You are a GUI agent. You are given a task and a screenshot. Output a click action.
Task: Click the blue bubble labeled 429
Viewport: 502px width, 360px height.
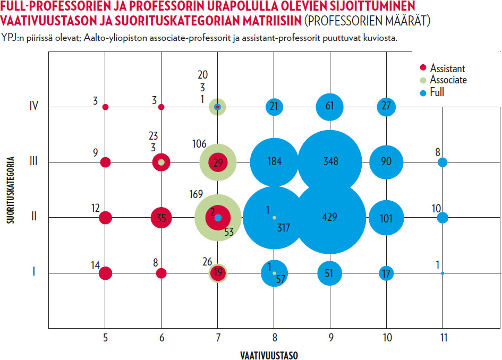330,218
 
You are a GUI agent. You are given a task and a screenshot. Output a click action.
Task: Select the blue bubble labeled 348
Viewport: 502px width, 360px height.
330,162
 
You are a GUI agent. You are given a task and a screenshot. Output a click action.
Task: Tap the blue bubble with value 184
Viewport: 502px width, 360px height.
274,162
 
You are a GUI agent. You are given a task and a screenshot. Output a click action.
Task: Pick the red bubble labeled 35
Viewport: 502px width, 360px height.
161,218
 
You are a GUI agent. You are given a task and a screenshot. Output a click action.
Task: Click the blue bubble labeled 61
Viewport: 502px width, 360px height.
330,107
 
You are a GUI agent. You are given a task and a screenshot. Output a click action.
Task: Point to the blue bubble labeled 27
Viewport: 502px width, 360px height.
386,107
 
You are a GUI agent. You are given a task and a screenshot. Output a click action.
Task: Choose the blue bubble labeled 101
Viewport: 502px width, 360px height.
386,218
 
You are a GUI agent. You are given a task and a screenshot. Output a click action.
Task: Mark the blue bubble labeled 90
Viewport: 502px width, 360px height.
386,162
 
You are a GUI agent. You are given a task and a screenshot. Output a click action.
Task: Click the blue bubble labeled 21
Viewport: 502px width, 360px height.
274,107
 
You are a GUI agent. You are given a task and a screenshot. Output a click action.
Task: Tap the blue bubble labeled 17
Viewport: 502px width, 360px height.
386,273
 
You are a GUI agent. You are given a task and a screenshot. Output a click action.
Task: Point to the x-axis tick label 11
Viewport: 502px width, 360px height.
442,337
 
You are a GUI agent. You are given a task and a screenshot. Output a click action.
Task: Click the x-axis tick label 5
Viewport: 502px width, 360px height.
105,337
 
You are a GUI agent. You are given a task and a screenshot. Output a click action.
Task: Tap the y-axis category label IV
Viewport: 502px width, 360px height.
33,107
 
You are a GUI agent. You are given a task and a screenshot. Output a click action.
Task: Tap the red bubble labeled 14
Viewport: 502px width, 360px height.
105,273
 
